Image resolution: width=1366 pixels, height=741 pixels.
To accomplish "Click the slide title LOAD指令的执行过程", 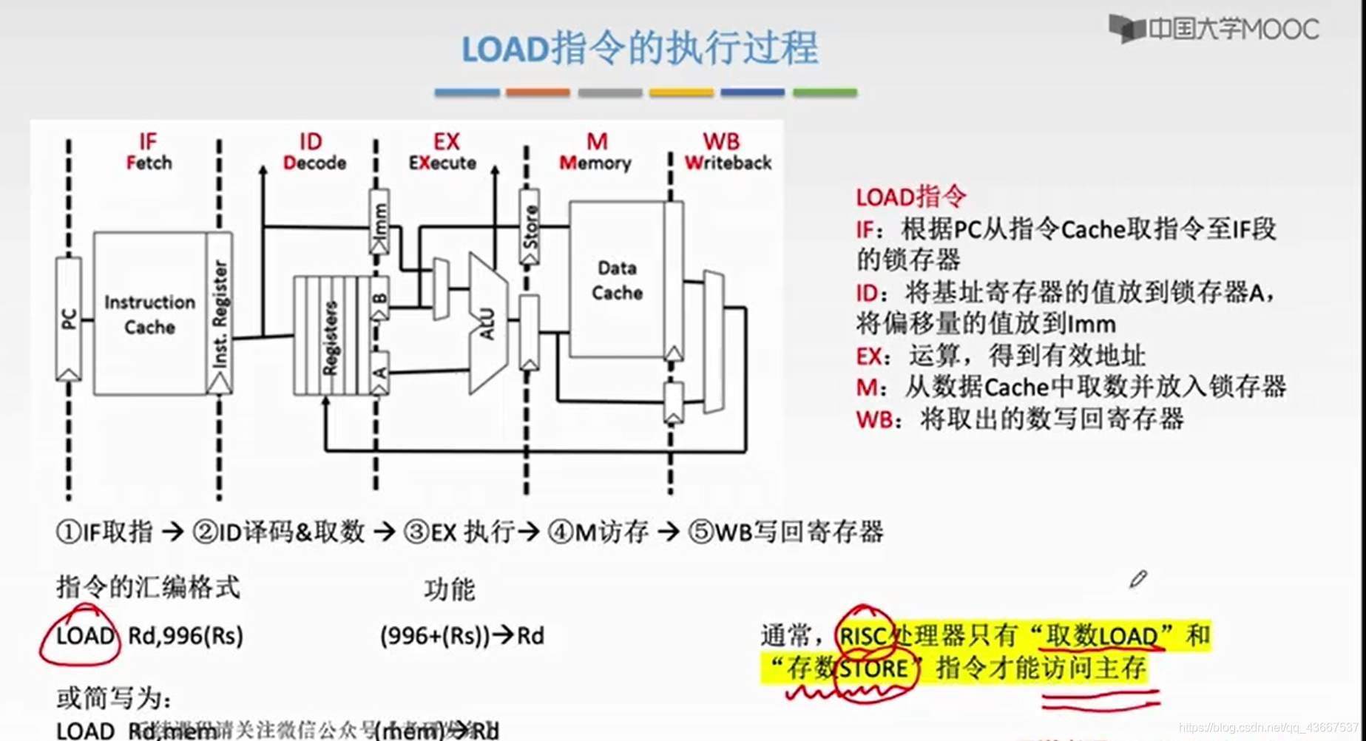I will (640, 49).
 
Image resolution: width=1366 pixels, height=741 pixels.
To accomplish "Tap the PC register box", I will (69, 319).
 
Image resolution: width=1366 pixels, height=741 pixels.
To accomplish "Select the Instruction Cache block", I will (149, 314).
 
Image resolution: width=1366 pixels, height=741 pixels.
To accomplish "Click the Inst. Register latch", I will (220, 314).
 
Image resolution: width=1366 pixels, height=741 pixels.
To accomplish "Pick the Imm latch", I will (379, 221).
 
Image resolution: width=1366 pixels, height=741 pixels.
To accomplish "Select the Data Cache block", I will (617, 280).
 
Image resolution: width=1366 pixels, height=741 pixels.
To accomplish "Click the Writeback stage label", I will (727, 163).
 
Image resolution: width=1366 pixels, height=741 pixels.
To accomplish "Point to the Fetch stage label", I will (149, 163).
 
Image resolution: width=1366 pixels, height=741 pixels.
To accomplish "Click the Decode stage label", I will (314, 163).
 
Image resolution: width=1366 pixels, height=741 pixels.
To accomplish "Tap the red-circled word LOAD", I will (85, 636).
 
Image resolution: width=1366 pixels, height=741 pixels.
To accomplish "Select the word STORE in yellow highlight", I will (873, 669).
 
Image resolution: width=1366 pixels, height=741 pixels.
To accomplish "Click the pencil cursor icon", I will (1138, 579).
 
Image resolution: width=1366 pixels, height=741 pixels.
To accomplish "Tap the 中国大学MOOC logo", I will (1214, 30).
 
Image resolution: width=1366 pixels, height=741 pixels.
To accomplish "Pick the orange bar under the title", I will (538, 92).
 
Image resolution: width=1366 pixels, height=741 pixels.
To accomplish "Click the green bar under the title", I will (825, 92).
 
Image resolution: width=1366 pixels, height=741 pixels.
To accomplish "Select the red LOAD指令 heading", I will (911, 197).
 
